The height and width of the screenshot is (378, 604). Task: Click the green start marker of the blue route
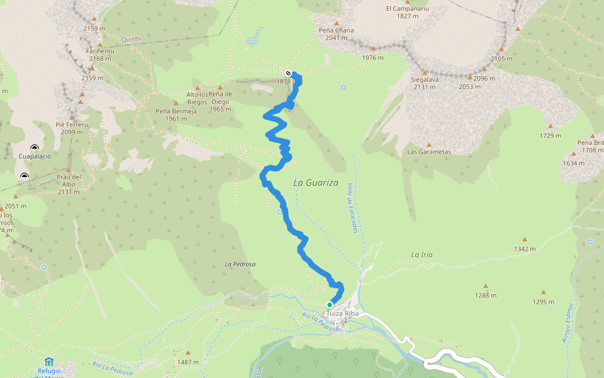pos(329,305)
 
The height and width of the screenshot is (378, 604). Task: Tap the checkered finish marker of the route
pos(288,74)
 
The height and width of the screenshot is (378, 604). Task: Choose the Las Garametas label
pos(429,152)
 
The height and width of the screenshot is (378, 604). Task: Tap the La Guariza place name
pos(316,183)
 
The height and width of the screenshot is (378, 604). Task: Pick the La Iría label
pos(422,255)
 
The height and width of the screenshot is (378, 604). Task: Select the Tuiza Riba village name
pos(342,313)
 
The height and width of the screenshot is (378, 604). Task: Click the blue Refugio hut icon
pos(49,362)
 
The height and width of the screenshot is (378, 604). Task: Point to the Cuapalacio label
pos(35,155)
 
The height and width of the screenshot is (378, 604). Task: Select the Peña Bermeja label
pos(176,111)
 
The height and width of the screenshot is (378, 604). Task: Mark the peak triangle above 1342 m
pos(524,239)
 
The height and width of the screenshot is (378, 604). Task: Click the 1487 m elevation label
pos(187,362)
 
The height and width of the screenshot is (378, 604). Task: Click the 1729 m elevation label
pos(550,135)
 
